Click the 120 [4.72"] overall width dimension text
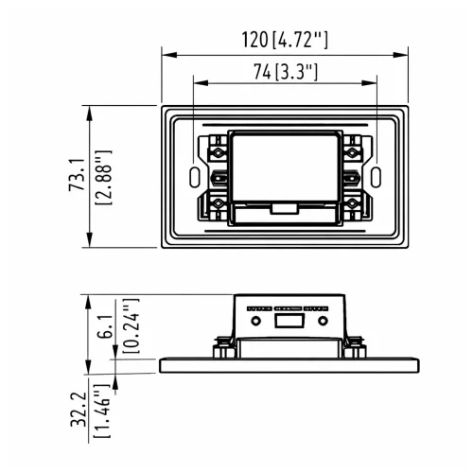point(286,40)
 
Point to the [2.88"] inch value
point(104,176)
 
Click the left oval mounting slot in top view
point(195,176)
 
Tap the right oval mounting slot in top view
point(376,176)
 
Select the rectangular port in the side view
point(286,323)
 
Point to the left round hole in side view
point(253,323)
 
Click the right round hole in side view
point(324,323)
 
